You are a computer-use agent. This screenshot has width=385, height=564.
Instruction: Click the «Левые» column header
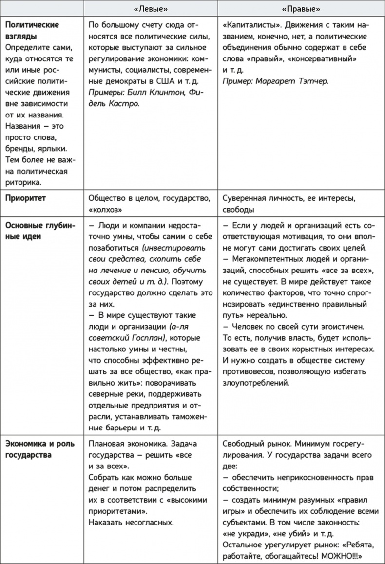pos(151,9)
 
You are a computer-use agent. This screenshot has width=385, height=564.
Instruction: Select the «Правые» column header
pos(301,9)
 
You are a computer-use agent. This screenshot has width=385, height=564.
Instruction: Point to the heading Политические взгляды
pos(32,30)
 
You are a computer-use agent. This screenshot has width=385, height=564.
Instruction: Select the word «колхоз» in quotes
pos(105,210)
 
